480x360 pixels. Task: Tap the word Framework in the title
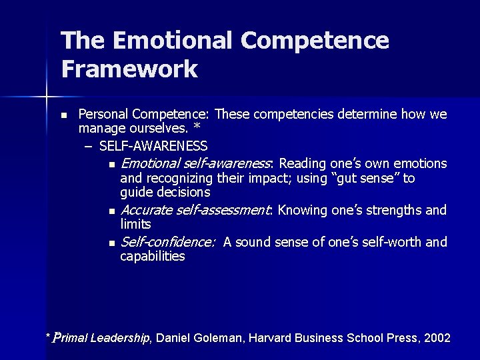pos(129,69)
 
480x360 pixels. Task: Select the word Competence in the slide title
pos(315,41)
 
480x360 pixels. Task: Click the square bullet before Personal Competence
pos(63,115)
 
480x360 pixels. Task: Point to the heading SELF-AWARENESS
pos(153,145)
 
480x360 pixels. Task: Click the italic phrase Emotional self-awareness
pos(196,163)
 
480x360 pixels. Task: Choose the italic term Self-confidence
pos(168,241)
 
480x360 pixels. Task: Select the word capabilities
pos(153,256)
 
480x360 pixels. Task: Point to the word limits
pos(135,224)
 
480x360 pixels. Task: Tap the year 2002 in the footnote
pos(437,338)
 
